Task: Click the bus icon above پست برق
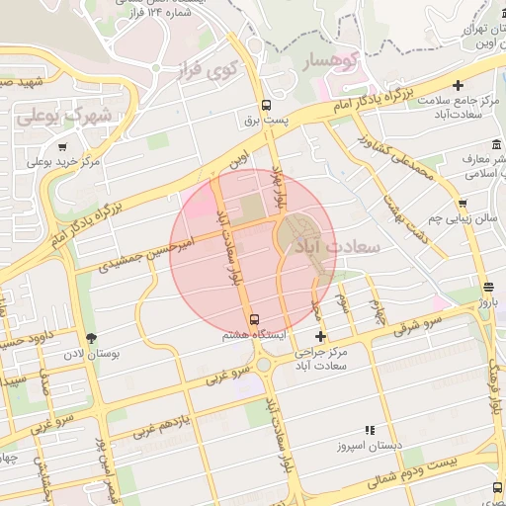265,105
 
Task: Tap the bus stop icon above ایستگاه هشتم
255,319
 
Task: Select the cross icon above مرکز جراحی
320,337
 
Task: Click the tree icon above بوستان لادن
91,338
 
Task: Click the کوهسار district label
319,60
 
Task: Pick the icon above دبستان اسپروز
370,430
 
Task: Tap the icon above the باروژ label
488,288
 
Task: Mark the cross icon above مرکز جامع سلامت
458,86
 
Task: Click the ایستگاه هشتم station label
255,335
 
